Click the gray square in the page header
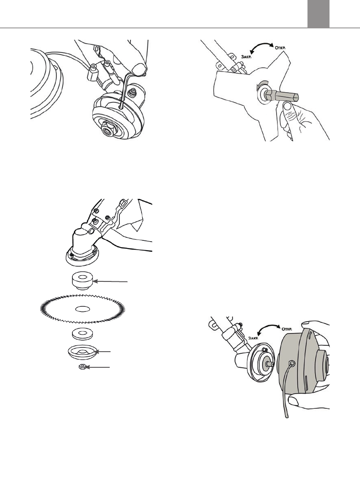318,14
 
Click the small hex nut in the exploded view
82,367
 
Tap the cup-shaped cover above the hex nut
83,354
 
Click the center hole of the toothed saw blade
82,308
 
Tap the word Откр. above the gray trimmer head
286,330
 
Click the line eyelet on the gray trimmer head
291,363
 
